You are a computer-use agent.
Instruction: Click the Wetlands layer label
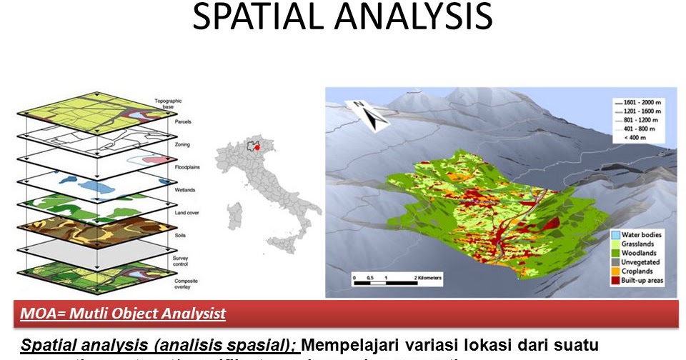[x=185, y=191]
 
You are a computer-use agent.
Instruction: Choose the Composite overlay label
[x=188, y=285]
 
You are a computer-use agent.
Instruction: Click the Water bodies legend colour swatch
[x=615, y=235]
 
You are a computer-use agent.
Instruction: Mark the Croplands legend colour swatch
[x=615, y=271]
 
